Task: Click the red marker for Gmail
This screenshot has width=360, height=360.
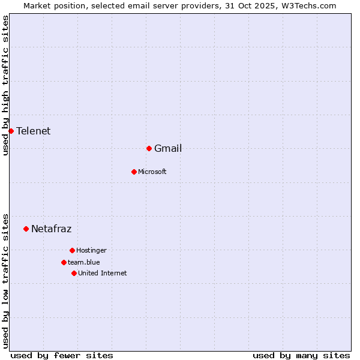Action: click(149, 148)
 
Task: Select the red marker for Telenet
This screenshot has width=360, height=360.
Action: click(11, 131)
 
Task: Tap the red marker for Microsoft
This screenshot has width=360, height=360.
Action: click(134, 172)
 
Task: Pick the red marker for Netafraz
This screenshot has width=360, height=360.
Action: click(26, 229)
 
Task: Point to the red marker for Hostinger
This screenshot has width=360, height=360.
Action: click(72, 250)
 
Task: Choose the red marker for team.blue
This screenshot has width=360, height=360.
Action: click(64, 262)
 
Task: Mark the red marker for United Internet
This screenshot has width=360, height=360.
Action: click(74, 273)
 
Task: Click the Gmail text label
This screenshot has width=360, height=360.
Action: click(168, 149)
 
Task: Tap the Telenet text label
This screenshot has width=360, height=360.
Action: click(33, 131)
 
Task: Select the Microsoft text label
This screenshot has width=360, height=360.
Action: click(152, 172)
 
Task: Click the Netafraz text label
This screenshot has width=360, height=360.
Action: click(51, 229)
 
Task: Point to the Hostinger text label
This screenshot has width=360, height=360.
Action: click(91, 251)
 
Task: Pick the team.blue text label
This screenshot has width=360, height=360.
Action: click(84, 263)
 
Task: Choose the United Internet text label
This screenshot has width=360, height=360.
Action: click(103, 274)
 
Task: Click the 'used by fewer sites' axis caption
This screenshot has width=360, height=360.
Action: click(62, 356)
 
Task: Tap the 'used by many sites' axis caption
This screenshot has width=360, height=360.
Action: click(301, 356)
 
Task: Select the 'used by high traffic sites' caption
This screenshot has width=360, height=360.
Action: click(6, 86)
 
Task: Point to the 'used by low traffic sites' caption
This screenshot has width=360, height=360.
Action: click(6, 280)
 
